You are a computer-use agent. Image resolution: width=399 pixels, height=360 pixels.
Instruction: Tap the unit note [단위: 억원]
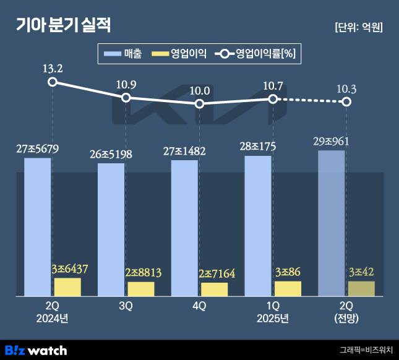pyautogui.click(x=358, y=27)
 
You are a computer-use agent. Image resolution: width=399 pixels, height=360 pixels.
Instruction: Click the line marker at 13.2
pyautogui.click(x=53, y=82)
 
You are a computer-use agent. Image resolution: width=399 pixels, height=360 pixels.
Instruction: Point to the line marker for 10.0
pyautogui.click(x=199, y=104)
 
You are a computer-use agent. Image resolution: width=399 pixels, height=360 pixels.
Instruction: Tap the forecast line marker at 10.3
pyautogui.click(x=346, y=101)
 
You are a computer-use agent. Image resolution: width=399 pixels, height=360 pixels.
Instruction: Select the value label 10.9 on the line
pyautogui.click(x=126, y=84)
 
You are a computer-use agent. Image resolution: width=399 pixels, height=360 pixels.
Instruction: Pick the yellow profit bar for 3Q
pyautogui.click(x=141, y=289)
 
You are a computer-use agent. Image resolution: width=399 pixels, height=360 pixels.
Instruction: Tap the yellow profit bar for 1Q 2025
pyautogui.click(x=288, y=288)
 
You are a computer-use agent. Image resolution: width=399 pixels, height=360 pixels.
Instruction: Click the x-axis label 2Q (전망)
pyautogui.click(x=346, y=312)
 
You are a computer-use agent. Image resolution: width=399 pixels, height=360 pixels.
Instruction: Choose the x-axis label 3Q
pyautogui.click(x=126, y=306)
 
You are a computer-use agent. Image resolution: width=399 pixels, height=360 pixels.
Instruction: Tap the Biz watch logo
pyautogui.click(x=36, y=350)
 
